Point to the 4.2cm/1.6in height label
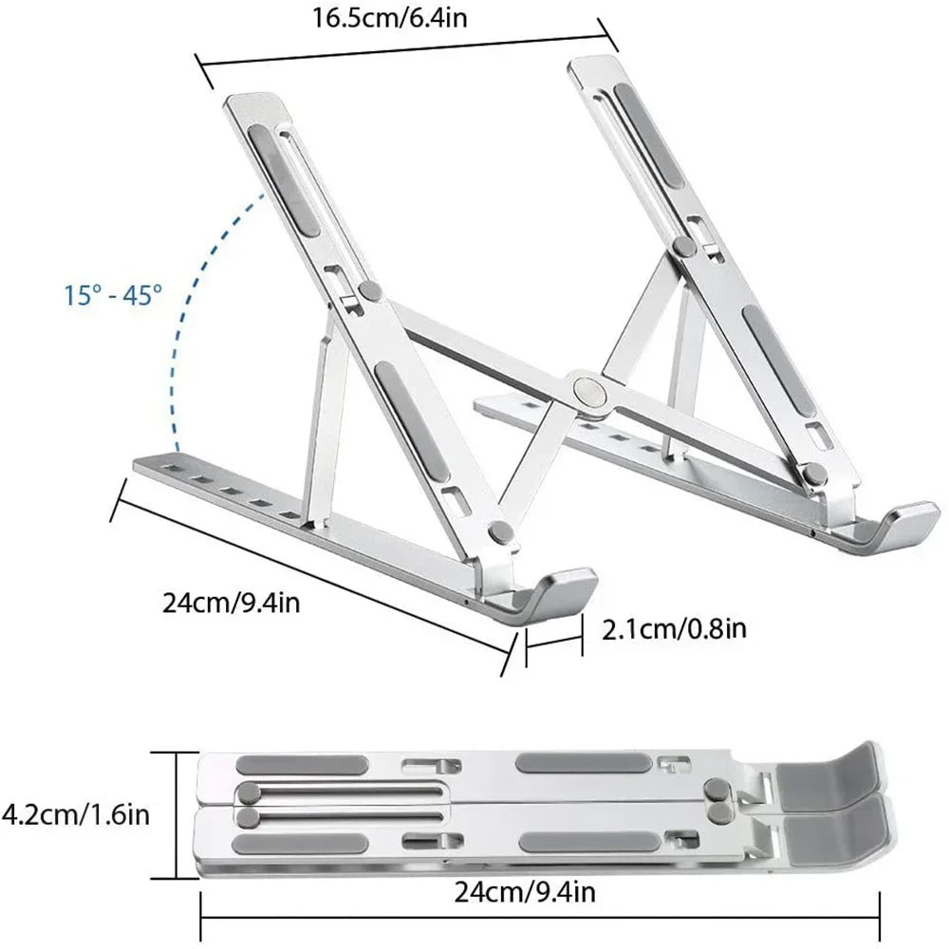tap(75, 813)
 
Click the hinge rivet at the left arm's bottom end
tap(500, 532)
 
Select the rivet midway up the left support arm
tap(370, 289)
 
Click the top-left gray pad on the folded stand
tap(301, 765)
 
